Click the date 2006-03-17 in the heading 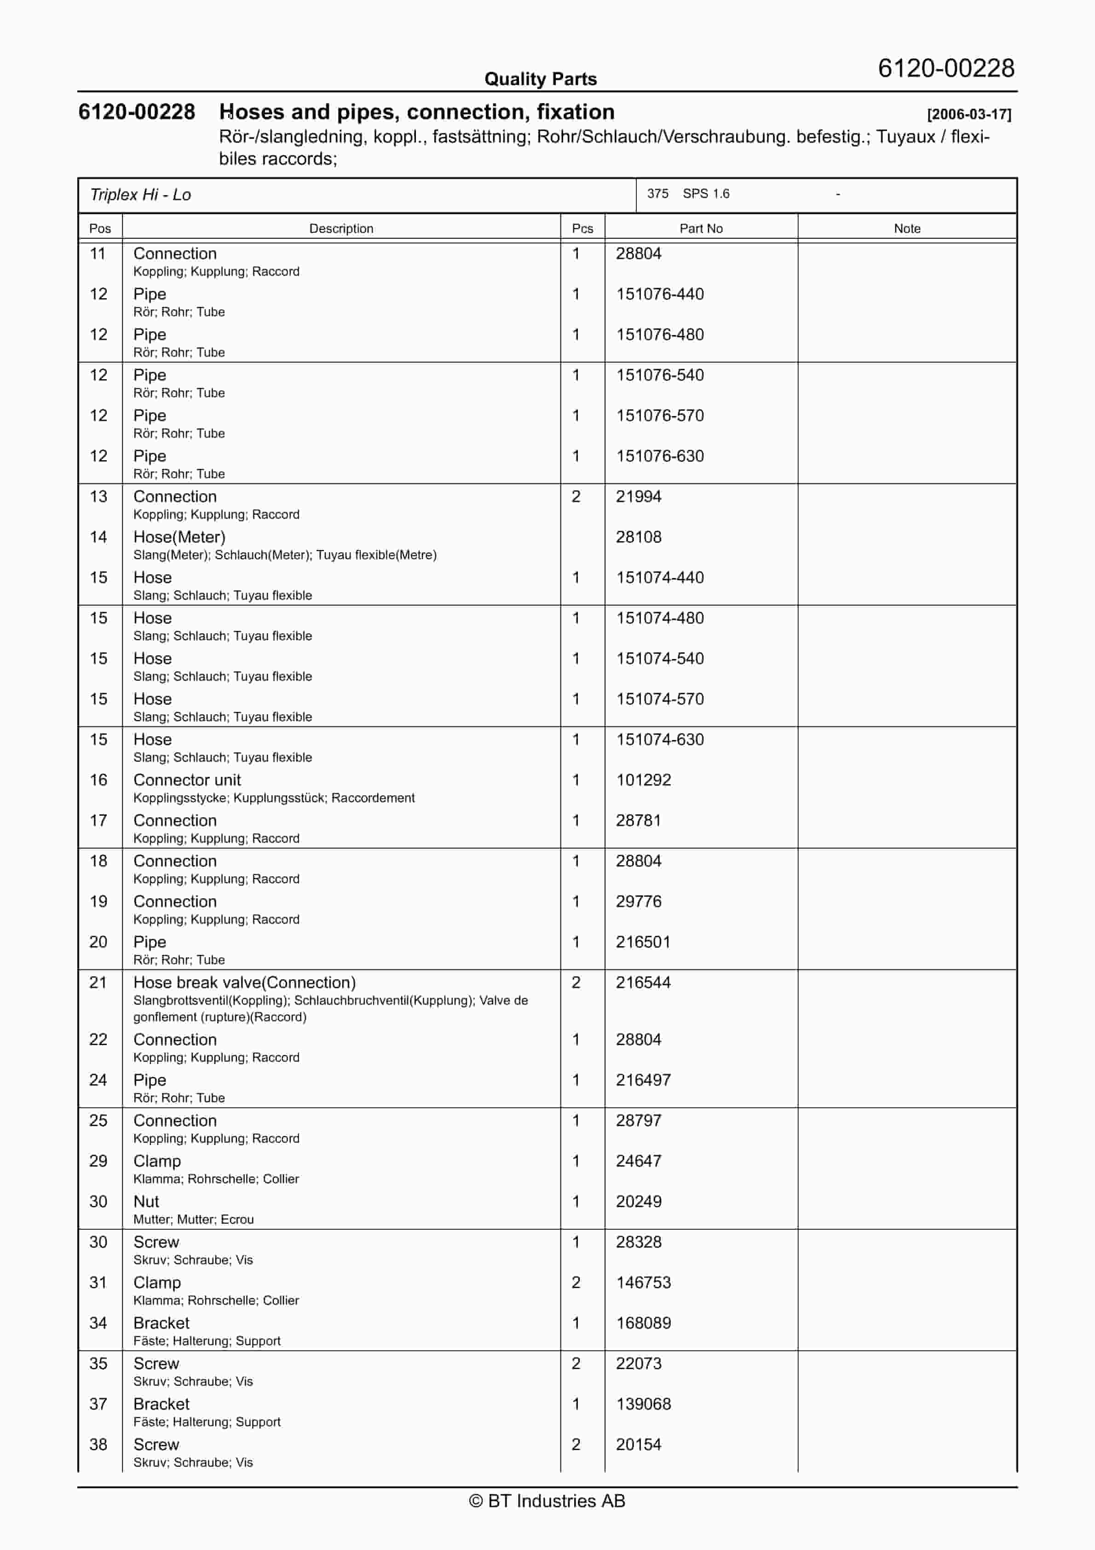click(x=969, y=114)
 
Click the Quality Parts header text click(x=540, y=79)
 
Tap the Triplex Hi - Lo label click(x=140, y=195)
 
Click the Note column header click(x=907, y=228)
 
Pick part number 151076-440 click(x=660, y=295)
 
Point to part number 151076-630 click(x=660, y=457)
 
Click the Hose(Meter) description click(x=179, y=538)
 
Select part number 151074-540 click(x=660, y=659)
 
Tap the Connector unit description click(x=187, y=781)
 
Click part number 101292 click(x=643, y=781)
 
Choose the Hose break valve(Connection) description click(x=244, y=983)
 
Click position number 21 click(x=98, y=983)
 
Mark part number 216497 click(x=643, y=1080)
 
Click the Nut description click(x=146, y=1202)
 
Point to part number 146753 click(x=643, y=1283)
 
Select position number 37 click(x=98, y=1404)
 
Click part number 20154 click(x=639, y=1445)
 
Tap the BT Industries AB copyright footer click(x=547, y=1501)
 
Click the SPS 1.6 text click(x=705, y=194)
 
